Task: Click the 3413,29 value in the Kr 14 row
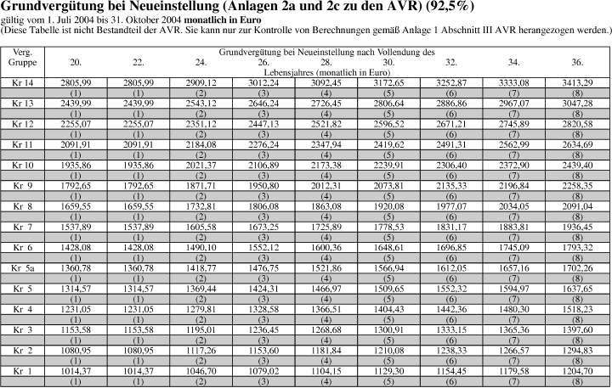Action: [x=576, y=82]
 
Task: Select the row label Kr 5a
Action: [x=22, y=267]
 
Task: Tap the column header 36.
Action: [x=576, y=63]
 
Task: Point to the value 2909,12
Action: [x=201, y=82]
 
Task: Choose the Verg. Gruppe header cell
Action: [x=22, y=58]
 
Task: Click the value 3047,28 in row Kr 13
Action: [x=576, y=103]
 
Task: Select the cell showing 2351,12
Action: [x=201, y=124]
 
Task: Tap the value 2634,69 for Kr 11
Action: [x=576, y=144]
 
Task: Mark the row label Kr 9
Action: [x=22, y=185]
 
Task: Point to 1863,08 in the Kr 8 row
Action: [x=326, y=205]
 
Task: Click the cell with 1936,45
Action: [x=576, y=226]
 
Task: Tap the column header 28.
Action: [x=326, y=63]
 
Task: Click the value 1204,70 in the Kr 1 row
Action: [x=576, y=370]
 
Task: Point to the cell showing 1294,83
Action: [x=576, y=349]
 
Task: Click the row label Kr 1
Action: [x=22, y=370]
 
